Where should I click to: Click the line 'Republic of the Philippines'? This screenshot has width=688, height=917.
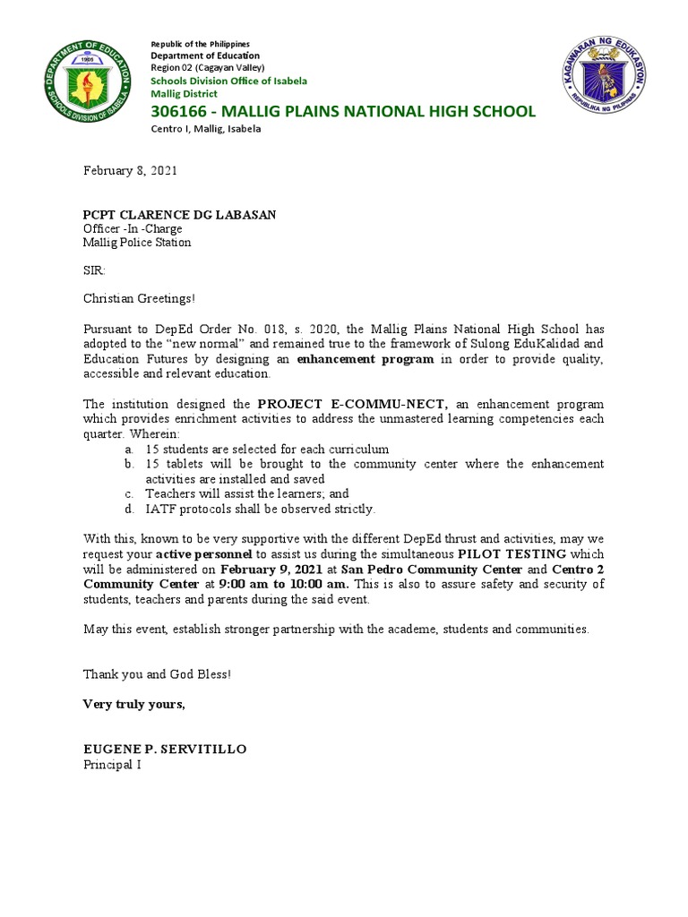(x=200, y=44)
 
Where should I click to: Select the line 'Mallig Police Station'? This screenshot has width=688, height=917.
(x=136, y=242)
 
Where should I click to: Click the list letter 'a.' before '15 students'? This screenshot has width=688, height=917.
(x=129, y=448)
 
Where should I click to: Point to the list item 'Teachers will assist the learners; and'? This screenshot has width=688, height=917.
(x=247, y=493)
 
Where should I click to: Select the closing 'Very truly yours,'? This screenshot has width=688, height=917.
(x=134, y=704)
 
